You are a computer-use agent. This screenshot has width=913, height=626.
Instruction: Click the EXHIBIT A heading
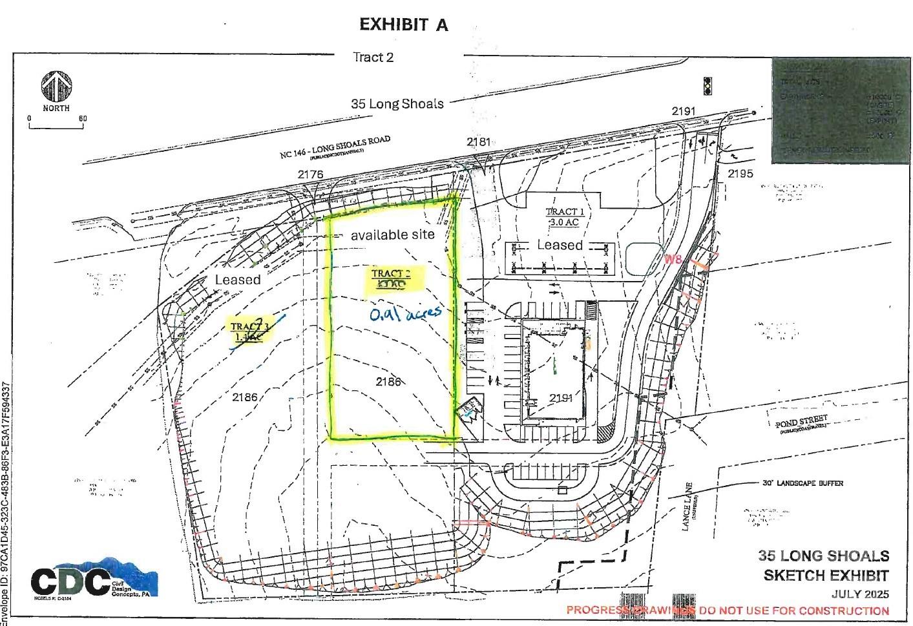[403, 25]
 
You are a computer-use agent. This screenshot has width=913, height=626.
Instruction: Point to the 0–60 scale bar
[56, 124]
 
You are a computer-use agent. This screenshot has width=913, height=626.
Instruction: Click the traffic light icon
[708, 86]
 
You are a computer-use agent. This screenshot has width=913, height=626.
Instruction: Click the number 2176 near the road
[310, 174]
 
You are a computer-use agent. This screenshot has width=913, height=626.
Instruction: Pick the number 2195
[740, 174]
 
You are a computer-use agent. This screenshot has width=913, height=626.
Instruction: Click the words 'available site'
[392, 235]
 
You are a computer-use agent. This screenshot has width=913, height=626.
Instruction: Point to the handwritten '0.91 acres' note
[405, 313]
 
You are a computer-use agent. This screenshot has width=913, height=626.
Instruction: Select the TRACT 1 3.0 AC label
[561, 216]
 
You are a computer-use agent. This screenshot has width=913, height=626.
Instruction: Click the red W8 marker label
[673, 260]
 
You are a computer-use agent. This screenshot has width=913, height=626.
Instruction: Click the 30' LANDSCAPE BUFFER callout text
[802, 483]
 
